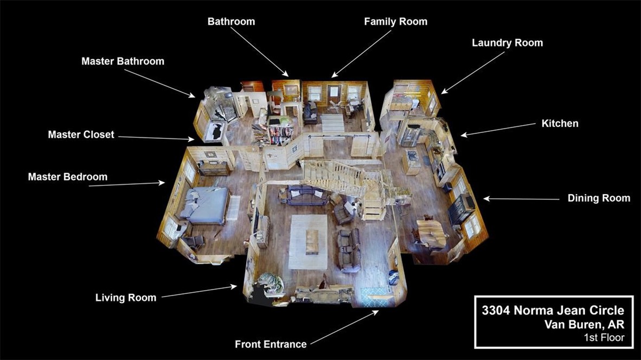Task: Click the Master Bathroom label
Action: (123, 61)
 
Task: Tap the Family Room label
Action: (396, 22)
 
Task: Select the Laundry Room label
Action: (507, 43)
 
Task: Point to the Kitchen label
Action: (560, 124)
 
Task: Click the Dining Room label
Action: (599, 198)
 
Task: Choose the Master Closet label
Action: (81, 135)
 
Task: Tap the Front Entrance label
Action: (271, 344)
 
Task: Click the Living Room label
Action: (126, 298)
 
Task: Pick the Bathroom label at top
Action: (231, 22)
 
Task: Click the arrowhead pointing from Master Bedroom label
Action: (162, 183)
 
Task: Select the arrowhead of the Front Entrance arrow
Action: (375, 313)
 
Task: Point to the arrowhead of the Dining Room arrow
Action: (486, 198)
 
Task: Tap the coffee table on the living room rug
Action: (312, 241)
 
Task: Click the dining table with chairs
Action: (431, 233)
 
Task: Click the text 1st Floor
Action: (604, 338)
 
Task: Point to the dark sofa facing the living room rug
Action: (305, 195)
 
